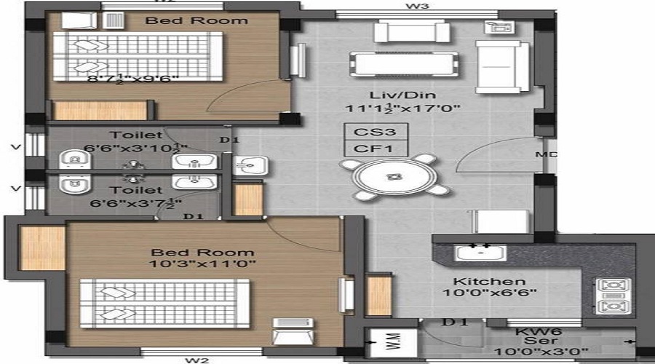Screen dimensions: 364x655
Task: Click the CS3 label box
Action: [x=376, y=132]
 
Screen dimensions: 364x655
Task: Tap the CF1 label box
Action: [x=376, y=149]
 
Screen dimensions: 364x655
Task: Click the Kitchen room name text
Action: [x=478, y=281]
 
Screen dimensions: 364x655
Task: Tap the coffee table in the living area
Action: [x=404, y=63]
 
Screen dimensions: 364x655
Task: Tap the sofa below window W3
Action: [x=411, y=31]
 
